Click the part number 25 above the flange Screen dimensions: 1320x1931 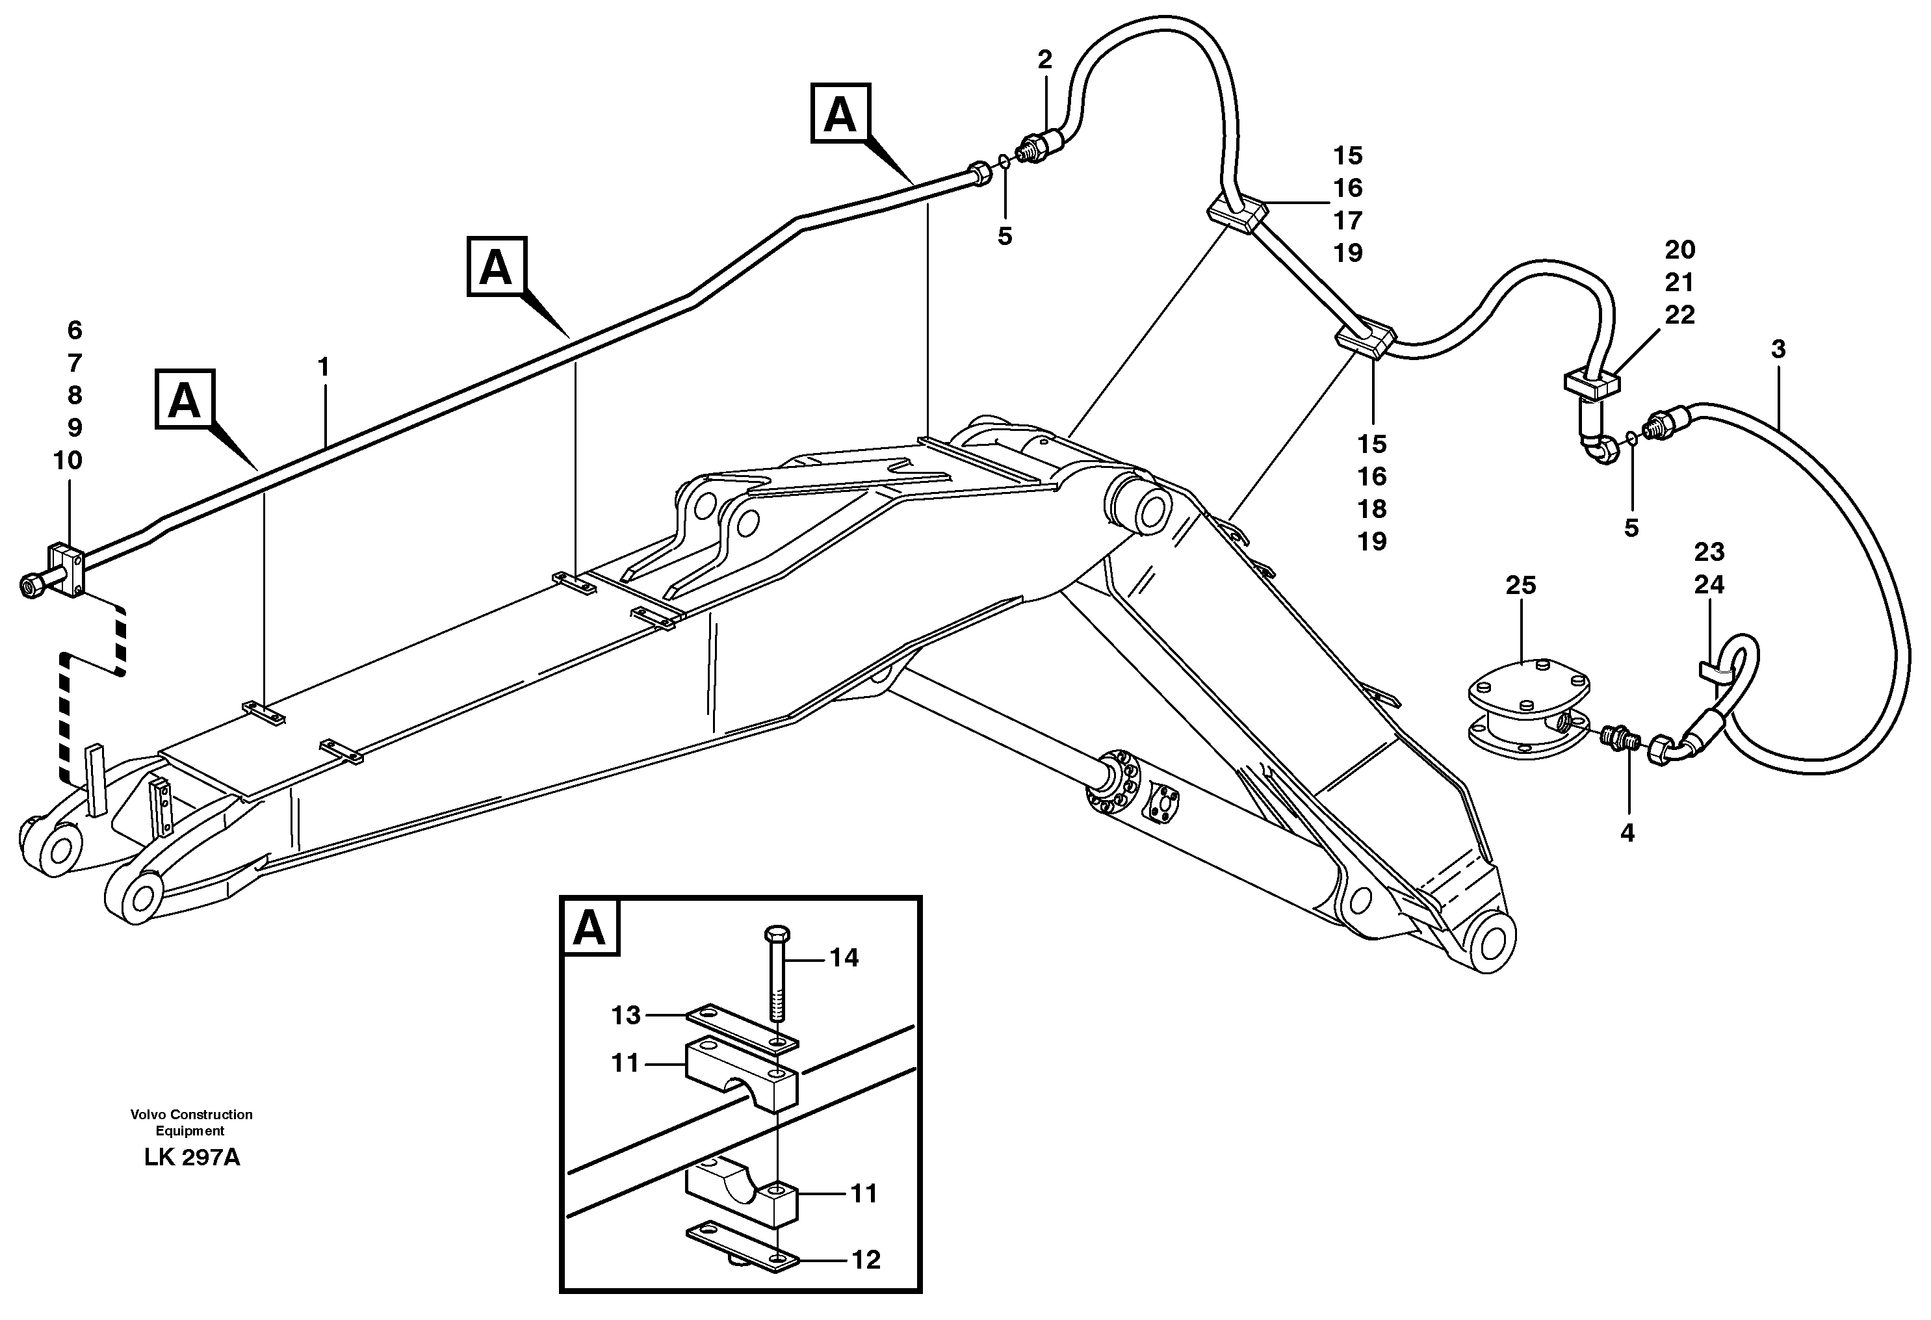click(1520, 585)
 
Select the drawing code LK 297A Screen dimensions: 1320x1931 click(192, 1158)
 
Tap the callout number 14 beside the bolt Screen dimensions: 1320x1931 click(844, 958)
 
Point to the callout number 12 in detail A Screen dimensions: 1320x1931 click(866, 1260)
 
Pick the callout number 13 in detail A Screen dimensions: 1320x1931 click(627, 1015)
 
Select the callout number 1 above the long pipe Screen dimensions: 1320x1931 click(323, 367)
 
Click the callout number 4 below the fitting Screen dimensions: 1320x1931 click(1627, 833)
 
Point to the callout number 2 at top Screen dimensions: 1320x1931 click(1044, 59)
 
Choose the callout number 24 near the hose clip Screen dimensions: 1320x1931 click(1709, 585)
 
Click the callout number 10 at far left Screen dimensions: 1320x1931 click(68, 460)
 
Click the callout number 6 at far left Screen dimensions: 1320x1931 click(75, 331)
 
